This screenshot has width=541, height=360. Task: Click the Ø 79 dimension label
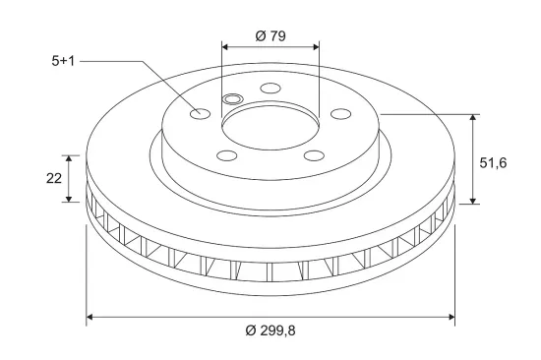pos(270,35)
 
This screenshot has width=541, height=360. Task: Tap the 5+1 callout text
pos(63,61)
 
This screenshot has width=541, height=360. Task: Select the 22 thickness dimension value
pos(54,178)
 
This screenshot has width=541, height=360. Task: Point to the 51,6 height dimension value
pos(493,162)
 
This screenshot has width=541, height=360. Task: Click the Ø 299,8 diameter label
pos(270,330)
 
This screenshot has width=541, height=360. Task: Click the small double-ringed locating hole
pos(233,99)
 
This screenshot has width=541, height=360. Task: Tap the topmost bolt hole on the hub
pos(270,88)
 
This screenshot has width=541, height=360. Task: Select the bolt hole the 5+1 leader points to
pos(200,113)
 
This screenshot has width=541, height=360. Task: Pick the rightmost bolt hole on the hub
pos(341,113)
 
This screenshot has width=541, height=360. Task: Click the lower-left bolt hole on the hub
pos(227,155)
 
